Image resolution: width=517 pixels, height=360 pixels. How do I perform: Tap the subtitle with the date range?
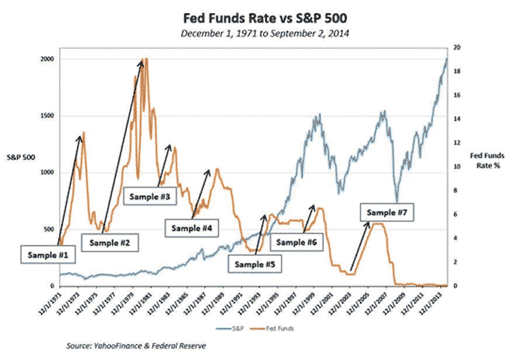261,32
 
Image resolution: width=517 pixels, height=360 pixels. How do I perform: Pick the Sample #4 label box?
192,228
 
